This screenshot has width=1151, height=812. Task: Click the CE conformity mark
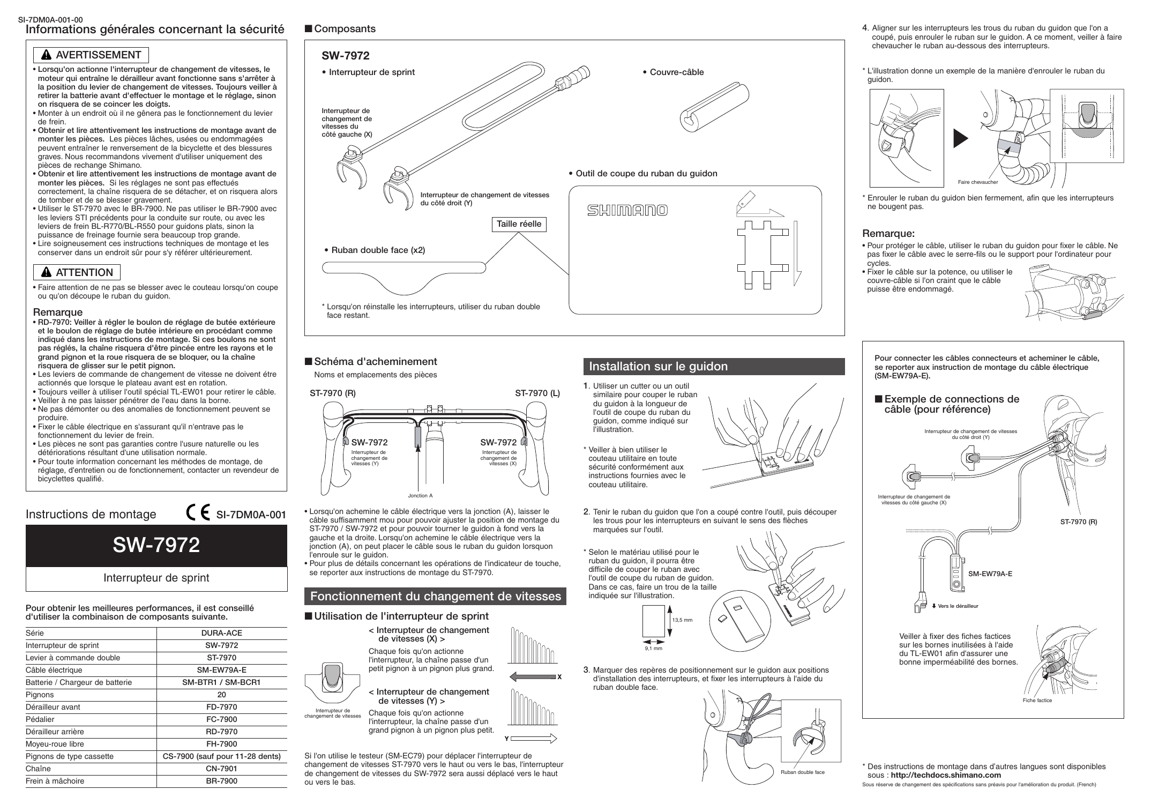coord(198,514)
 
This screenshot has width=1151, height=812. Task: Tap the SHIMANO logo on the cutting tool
coord(627,210)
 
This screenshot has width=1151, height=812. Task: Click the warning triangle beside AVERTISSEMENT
coord(46,56)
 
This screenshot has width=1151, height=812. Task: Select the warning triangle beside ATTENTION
coord(46,273)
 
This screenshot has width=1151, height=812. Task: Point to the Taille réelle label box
coord(519,224)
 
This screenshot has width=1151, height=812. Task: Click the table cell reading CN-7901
coord(221,769)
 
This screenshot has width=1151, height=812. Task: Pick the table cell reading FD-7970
coord(221,707)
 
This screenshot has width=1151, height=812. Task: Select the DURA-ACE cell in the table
coord(221,633)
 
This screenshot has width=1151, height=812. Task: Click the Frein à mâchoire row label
coord(55,781)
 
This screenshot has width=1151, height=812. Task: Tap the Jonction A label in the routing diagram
coord(420,496)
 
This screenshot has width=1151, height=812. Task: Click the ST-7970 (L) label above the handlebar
coord(537,393)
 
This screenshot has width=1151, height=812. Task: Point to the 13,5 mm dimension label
coord(682,620)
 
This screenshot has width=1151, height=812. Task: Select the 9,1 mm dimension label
coord(653,649)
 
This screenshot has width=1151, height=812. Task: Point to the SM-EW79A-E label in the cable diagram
coord(990,573)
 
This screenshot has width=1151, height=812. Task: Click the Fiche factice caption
coord(1037,701)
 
